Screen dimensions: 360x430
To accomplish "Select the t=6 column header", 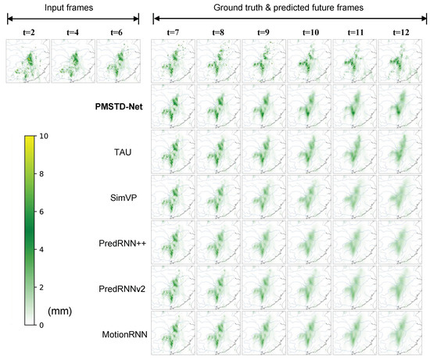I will tap(116, 33).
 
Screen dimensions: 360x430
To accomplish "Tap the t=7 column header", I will tap(173, 33).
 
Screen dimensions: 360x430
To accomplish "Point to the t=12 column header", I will tap(400, 33).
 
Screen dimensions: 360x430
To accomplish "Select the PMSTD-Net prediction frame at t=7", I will tap(173, 105).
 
